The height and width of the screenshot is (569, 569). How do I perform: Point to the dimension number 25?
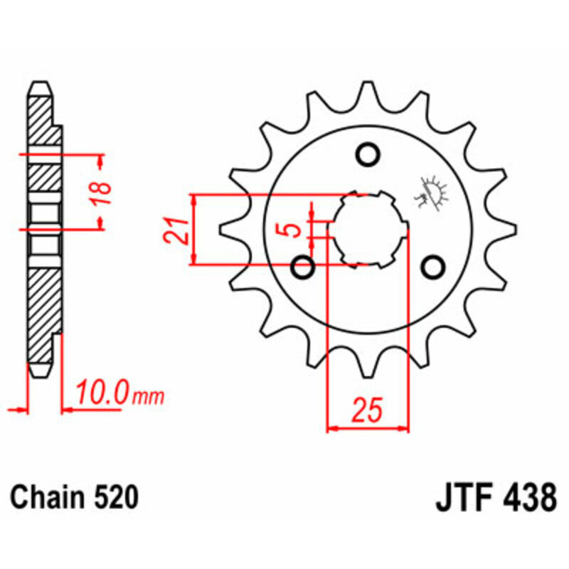368,410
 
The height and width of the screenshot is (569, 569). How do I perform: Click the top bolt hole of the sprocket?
368,154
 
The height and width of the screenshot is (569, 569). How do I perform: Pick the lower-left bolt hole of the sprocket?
304,269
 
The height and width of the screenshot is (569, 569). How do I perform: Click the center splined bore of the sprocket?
368,229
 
